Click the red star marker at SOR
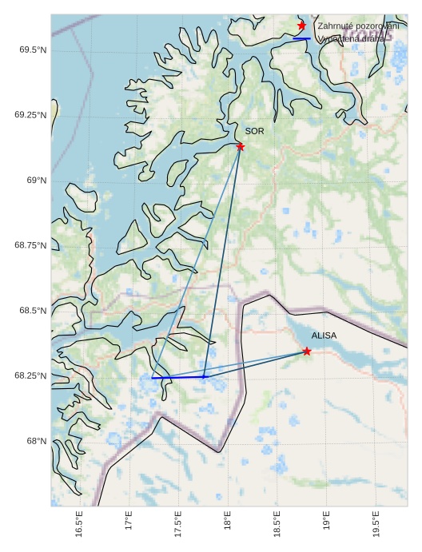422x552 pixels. [x=240, y=146]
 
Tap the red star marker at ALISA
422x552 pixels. [x=307, y=351]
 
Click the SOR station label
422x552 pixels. [x=254, y=131]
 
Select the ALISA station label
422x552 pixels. [x=324, y=336]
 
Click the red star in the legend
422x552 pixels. [x=301, y=26]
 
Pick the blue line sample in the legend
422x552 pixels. [x=301, y=38]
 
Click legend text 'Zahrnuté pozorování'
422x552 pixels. [x=358, y=26]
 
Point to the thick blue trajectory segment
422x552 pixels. [x=178, y=377]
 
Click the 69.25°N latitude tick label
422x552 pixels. [x=30, y=115]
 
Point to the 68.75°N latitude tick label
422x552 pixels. [x=30, y=245]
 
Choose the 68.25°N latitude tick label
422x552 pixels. [x=30, y=375]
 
